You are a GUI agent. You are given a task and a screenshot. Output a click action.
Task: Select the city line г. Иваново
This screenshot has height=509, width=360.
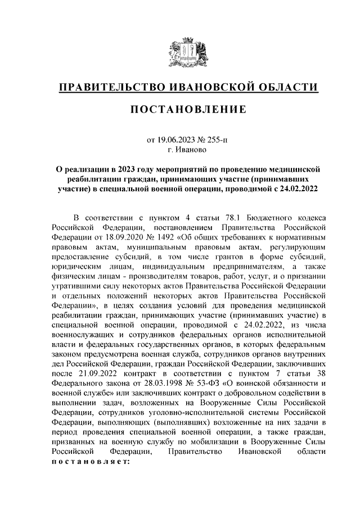click(x=180, y=150)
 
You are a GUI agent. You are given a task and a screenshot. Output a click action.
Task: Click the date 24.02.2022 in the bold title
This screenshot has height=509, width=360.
click(x=298, y=189)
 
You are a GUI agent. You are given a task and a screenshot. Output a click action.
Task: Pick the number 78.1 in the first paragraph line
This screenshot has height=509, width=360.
click(x=224, y=218)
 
